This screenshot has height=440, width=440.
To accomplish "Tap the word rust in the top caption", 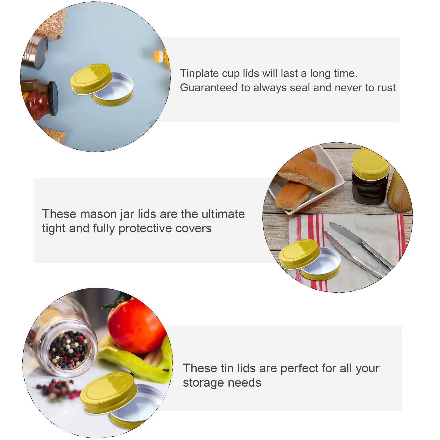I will coord(386,88).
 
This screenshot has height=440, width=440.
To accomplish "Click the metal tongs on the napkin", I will coord(358,248).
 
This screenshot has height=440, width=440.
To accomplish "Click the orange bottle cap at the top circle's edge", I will coord(158,56).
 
